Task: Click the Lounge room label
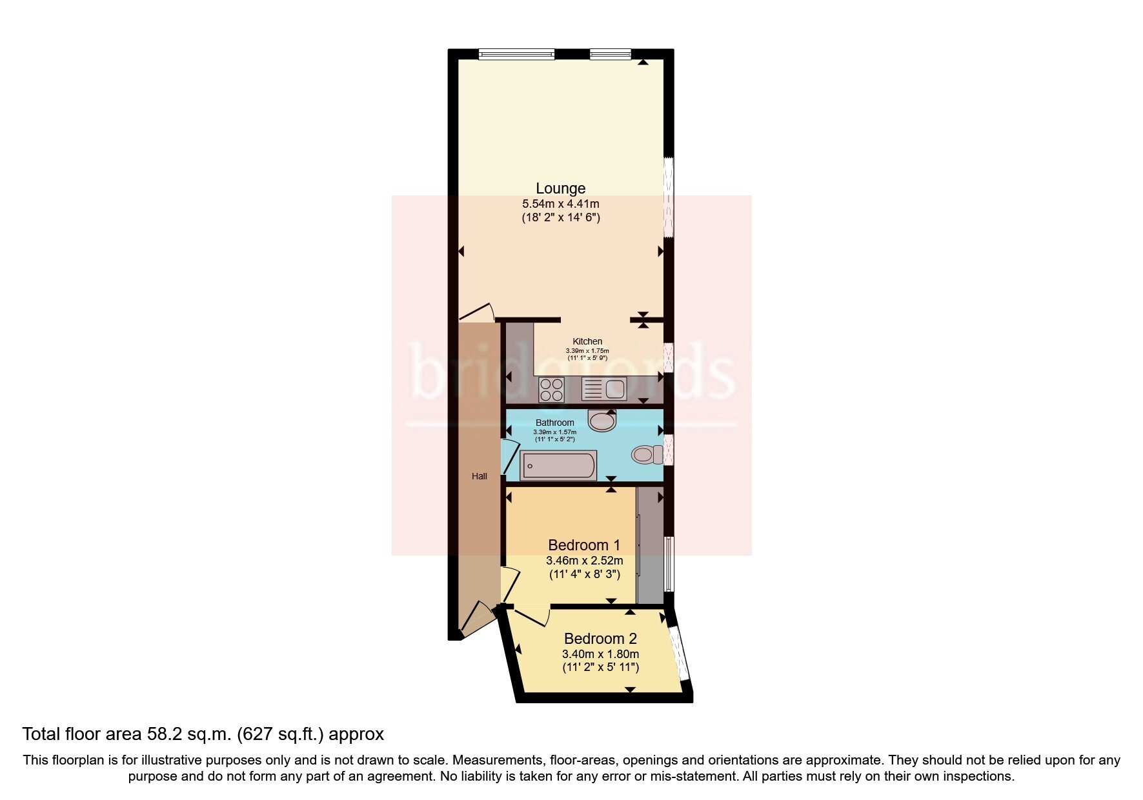(x=561, y=188)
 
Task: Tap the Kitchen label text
(x=587, y=341)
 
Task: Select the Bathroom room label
(x=555, y=423)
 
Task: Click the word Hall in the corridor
(x=480, y=476)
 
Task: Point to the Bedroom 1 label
(x=584, y=545)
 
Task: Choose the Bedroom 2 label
(x=600, y=639)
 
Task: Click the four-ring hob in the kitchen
(x=552, y=390)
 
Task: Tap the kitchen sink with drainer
(x=604, y=390)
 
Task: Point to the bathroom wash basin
(x=603, y=420)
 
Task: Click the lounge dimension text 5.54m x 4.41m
(x=561, y=204)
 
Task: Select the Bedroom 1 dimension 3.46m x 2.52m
(x=584, y=561)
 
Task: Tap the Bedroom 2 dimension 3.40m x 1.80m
(x=600, y=654)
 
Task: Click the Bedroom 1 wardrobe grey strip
(x=650, y=545)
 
